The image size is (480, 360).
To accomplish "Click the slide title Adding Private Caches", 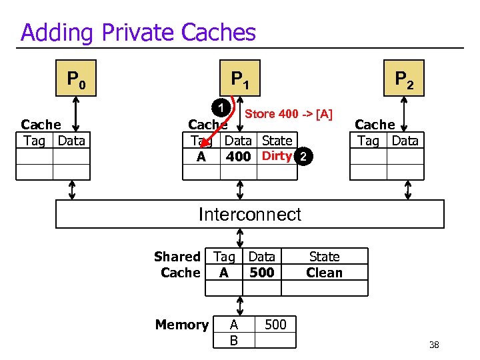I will (138, 32).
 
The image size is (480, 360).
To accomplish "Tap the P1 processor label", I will (240, 80).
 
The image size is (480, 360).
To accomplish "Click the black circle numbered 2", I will (303, 157).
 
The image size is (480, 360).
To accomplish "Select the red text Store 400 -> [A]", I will (289, 114).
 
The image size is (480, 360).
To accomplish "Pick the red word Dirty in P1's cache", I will (277, 156).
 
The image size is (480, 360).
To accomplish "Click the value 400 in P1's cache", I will (238, 157).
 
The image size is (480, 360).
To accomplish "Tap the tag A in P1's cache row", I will (201, 157).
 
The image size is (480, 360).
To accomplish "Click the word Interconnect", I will (250, 214).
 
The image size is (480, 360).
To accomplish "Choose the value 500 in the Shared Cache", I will (261, 273).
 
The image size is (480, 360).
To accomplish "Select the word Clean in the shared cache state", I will (324, 273).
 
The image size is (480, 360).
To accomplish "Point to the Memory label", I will (181, 325).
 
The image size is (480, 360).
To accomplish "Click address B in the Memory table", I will (233, 340).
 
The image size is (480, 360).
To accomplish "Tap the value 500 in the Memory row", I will (275, 325).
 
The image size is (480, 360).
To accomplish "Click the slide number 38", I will (434, 345).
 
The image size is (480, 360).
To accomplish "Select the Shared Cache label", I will (177, 265).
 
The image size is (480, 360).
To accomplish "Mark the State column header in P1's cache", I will (277, 141).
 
